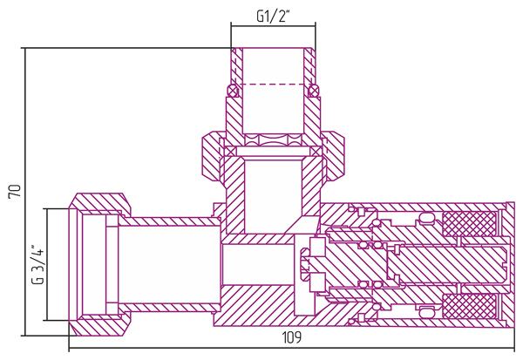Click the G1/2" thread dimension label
click(x=272, y=16)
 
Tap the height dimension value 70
click(x=15, y=192)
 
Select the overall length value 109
click(x=292, y=337)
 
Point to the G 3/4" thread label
click(x=37, y=265)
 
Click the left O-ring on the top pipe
click(x=232, y=91)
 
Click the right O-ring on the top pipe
click(x=314, y=91)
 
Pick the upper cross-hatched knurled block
click(x=469, y=223)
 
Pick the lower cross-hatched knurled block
click(x=469, y=305)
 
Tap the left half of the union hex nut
click(x=212, y=157)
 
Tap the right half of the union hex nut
click(x=334, y=157)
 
